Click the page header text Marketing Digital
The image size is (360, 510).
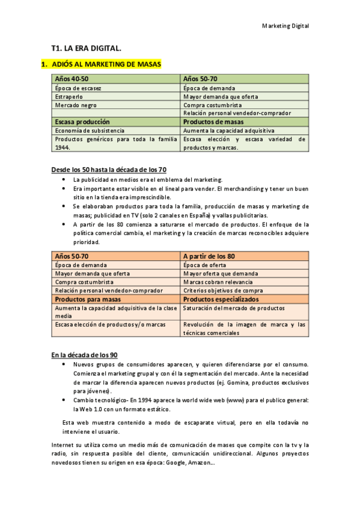pyautogui.click(x=285, y=26)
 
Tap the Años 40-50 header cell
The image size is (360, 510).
pyautogui.click(x=72, y=79)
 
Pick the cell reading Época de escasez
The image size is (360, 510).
pyautogui.click(x=78, y=88)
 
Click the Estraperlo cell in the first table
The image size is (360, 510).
pyautogui.click(x=69, y=96)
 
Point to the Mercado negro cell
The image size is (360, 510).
pyautogui.click(x=75, y=105)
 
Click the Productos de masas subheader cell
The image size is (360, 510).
pyautogui.click(x=213, y=121)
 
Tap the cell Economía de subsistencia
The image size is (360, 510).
pyautogui.click(x=90, y=131)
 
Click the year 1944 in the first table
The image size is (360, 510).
pyautogui.click(x=62, y=147)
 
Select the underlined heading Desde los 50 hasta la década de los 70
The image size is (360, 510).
pyautogui.click(x=109, y=170)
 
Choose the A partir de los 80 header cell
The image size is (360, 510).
pyautogui.click(x=209, y=256)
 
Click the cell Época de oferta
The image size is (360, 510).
pyautogui.click(x=205, y=265)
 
